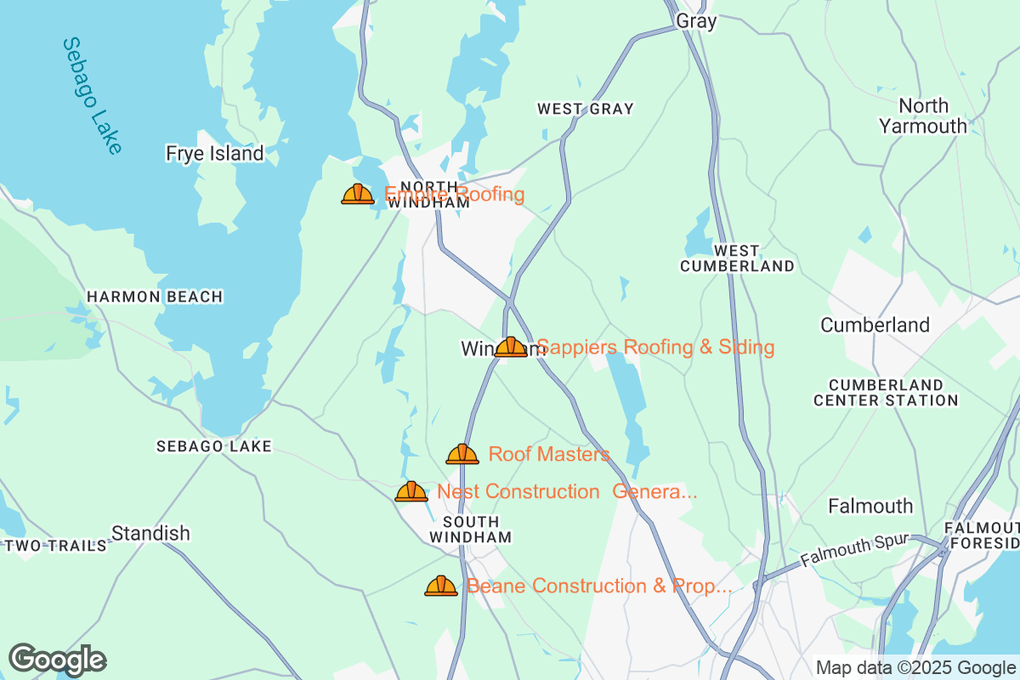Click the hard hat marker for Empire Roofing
point(358,195)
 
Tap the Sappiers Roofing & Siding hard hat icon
point(511,347)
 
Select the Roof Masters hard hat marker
point(462,454)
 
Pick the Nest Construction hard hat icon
point(411,491)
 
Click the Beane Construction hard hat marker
point(441,586)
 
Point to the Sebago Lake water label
point(92,96)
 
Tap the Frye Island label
point(215,154)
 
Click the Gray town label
point(696,22)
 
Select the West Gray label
point(585,109)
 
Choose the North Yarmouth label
point(923,116)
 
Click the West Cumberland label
point(736,258)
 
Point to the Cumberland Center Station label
point(886,392)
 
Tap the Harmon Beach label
point(155,297)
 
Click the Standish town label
point(150,534)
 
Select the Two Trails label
point(56,545)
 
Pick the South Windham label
point(470,530)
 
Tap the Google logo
point(57,660)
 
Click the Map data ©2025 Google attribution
point(915,667)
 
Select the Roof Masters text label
point(549,454)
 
